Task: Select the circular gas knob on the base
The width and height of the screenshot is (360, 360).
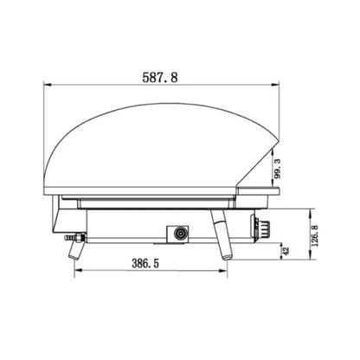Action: (180, 234)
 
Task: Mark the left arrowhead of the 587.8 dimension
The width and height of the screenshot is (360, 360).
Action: (48, 85)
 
